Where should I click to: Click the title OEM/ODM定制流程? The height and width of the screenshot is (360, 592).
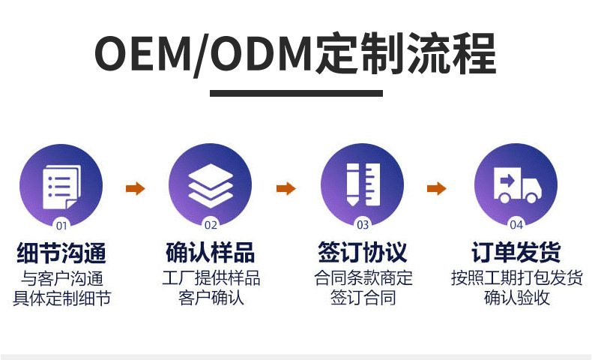click(295, 54)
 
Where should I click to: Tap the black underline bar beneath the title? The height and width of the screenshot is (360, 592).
click(295, 94)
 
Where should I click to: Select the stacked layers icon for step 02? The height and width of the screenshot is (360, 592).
click(211, 184)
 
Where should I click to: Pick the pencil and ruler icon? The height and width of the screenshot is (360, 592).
click(362, 184)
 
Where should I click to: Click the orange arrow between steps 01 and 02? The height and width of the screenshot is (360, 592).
click(135, 189)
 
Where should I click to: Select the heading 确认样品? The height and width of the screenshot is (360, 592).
click(211, 252)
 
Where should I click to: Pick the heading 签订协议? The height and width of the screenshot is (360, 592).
click(363, 252)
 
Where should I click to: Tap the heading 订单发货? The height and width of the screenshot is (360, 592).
click(516, 252)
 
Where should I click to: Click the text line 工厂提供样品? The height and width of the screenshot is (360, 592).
click(211, 278)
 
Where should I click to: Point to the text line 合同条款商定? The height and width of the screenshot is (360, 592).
click(363, 278)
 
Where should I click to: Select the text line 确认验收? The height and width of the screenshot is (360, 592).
click(516, 298)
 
